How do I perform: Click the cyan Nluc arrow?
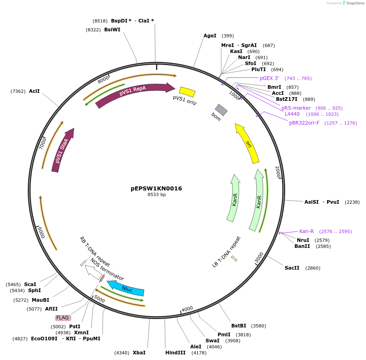pyautogui.click(x=126, y=288)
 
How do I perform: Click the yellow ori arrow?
pyautogui.click(x=247, y=143)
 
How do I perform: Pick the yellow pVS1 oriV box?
pyautogui.click(x=187, y=92)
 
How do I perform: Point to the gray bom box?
pyautogui.click(x=221, y=110)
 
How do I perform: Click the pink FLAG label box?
pyautogui.click(x=63, y=317)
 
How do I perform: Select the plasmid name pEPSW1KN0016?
pyautogui.click(x=156, y=188)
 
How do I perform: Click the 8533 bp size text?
pyautogui.click(x=156, y=194)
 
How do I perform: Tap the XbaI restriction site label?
pyautogui.click(x=139, y=352)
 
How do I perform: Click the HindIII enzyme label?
pyautogui.click(x=175, y=352)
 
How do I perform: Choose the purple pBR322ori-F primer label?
pyautogui.click(x=304, y=123)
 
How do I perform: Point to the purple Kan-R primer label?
pyautogui.click(x=306, y=231)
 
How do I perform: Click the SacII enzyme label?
pyautogui.click(x=292, y=268)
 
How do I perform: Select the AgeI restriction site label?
pyautogui.click(x=210, y=36)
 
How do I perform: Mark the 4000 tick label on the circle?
pyautogui.click(x=187, y=309)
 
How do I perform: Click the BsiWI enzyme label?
pyautogui.click(x=112, y=30)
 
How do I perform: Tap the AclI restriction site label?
pyautogui.click(x=34, y=91)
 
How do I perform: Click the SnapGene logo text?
pyautogui.click(x=355, y=3)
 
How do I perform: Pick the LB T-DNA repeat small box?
pyautogui.click(x=234, y=259)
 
